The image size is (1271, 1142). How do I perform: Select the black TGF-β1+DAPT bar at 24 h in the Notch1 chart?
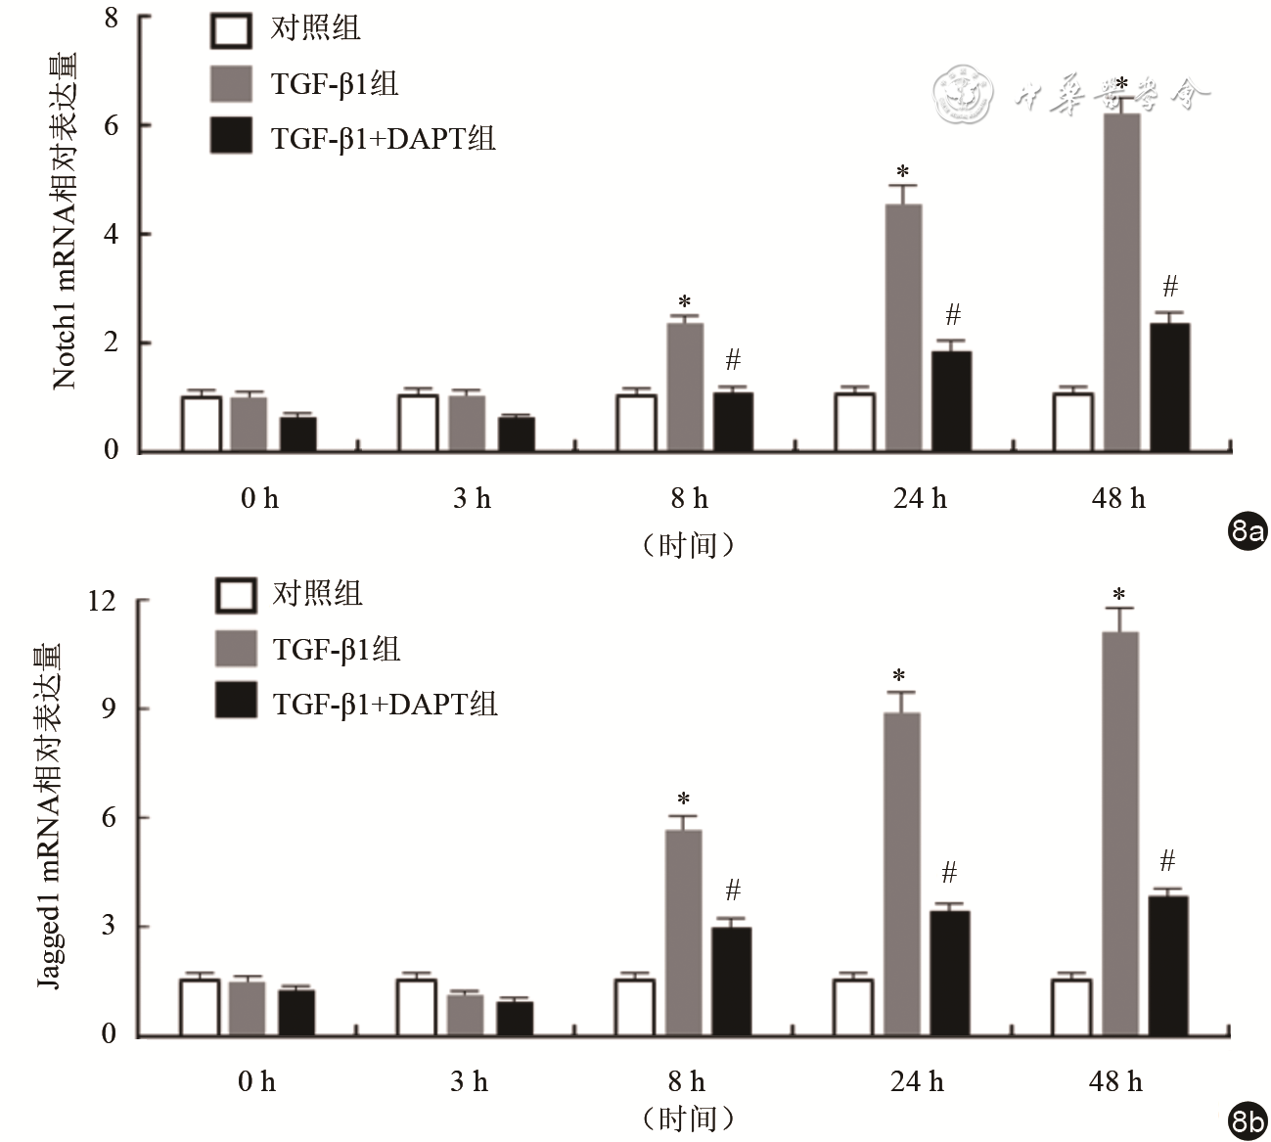pyautogui.click(x=952, y=401)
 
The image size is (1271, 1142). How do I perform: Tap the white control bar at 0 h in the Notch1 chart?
pyautogui.click(x=201, y=424)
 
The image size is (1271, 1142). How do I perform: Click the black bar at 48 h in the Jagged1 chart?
pyautogui.click(x=1167, y=965)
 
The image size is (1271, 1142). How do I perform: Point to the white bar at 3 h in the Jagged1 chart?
pyautogui.click(x=416, y=1007)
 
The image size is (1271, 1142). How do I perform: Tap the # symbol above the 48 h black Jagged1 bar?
pyautogui.click(x=1167, y=861)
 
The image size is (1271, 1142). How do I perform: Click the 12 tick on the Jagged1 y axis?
pyautogui.click(x=102, y=600)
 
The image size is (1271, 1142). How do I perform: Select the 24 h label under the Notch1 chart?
pyautogui.click(x=920, y=499)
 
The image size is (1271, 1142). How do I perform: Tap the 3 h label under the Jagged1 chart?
pyautogui.click(x=470, y=1081)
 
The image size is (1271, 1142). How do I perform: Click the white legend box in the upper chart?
pyautogui.click(x=232, y=29)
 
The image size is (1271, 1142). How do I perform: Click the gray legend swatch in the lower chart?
pyautogui.click(x=236, y=648)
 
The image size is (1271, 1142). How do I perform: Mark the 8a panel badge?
pyautogui.click(x=1247, y=531)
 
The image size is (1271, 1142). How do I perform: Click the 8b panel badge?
pyautogui.click(x=1247, y=1121)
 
